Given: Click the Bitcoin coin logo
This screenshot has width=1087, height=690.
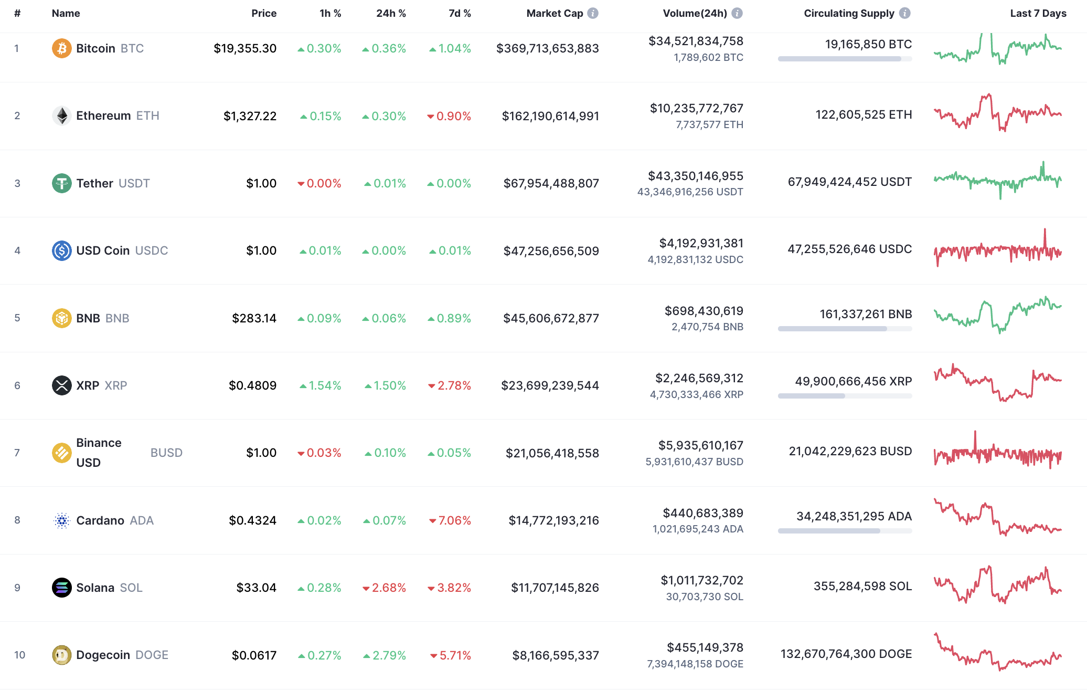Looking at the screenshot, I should click(61, 48).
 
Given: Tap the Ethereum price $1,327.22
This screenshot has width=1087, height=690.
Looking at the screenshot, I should click(250, 116).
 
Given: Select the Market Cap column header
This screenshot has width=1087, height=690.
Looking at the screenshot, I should click(555, 14).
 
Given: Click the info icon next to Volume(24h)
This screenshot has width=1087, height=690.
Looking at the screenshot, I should click(737, 14).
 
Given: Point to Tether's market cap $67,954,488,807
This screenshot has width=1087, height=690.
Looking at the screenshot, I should click(551, 183).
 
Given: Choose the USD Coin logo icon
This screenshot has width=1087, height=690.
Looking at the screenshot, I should click(61, 250).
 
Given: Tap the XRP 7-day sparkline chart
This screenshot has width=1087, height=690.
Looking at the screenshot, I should click(997, 383).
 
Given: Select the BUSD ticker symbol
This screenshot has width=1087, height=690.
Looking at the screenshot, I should click(166, 453).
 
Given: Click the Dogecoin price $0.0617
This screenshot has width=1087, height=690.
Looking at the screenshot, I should click(254, 655).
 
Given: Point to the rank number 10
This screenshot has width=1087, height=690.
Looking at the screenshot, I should click(19, 655).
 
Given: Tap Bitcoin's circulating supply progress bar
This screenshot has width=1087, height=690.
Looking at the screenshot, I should click(844, 59).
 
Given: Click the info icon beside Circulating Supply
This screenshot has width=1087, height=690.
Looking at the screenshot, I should click(904, 14).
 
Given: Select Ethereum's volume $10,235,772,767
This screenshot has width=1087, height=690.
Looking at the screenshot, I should click(696, 109).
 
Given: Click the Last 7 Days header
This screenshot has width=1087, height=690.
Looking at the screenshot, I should click(1038, 14).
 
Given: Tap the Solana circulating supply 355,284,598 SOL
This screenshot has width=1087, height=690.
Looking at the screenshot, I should click(862, 586).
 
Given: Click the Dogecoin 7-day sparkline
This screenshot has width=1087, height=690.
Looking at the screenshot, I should click(997, 653).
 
